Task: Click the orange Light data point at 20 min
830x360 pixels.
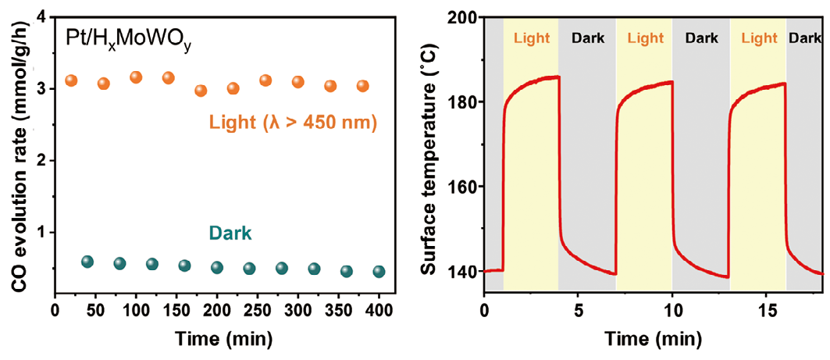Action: tap(71, 80)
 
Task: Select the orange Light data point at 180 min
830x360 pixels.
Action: tap(201, 91)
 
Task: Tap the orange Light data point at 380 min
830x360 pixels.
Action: tap(362, 86)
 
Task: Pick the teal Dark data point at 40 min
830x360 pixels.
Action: tap(87, 262)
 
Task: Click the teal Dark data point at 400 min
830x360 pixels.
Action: tap(379, 272)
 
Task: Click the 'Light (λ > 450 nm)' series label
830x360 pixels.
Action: tap(293, 123)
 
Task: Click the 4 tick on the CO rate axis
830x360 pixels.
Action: tap(37, 16)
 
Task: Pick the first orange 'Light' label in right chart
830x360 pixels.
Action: tap(531, 37)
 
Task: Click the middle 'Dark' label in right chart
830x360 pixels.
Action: tap(700, 37)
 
